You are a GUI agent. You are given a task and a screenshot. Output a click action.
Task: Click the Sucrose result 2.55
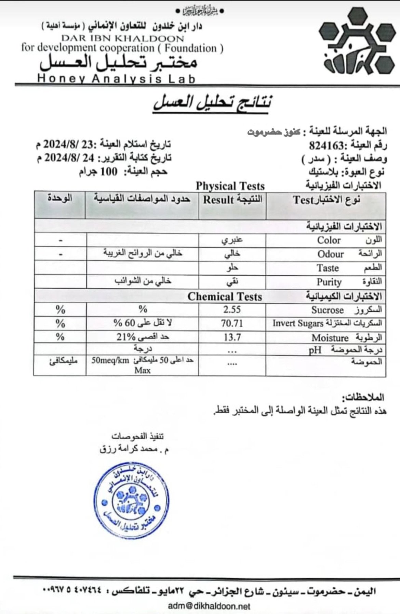click(x=232, y=310)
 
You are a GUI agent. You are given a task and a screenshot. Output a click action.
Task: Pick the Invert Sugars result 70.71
click(x=232, y=323)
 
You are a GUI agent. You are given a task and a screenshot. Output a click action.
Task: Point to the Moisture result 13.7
click(x=232, y=337)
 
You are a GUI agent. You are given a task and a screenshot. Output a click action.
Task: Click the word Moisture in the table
click(x=330, y=338)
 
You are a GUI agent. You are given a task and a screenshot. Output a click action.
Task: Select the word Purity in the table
click(x=329, y=282)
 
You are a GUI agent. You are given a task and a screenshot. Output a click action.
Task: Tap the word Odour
click(x=330, y=254)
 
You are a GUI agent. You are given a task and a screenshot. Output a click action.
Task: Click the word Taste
click(x=328, y=268)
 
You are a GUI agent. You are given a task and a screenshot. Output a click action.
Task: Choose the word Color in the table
click(x=329, y=240)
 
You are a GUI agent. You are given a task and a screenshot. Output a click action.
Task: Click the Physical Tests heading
click(x=230, y=186)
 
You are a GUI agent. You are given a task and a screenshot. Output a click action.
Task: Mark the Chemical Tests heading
click(x=225, y=297)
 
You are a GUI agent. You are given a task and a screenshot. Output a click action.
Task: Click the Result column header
click(x=218, y=200)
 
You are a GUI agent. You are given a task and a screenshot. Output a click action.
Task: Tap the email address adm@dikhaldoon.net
click(x=209, y=606)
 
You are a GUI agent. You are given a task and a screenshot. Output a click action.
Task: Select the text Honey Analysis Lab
click(x=116, y=79)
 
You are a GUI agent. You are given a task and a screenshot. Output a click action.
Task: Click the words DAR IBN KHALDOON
click(x=123, y=38)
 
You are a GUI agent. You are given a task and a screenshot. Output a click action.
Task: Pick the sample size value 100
click(x=109, y=171)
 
